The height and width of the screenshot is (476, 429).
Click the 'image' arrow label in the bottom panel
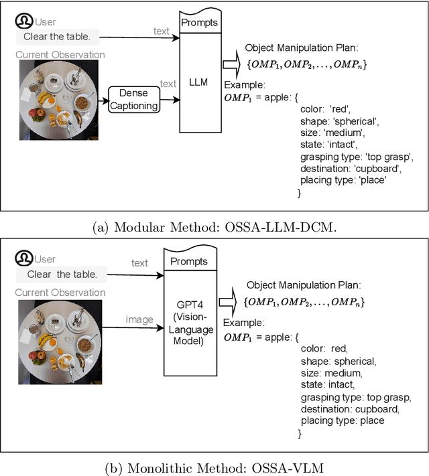coord(139,319)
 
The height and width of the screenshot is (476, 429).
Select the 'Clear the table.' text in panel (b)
coord(62,274)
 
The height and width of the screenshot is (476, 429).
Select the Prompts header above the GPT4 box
coord(188,261)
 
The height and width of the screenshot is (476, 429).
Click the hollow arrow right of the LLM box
coord(231,64)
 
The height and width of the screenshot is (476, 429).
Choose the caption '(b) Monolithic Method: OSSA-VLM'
coord(214,463)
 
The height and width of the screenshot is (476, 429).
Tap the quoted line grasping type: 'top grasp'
coord(357,157)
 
